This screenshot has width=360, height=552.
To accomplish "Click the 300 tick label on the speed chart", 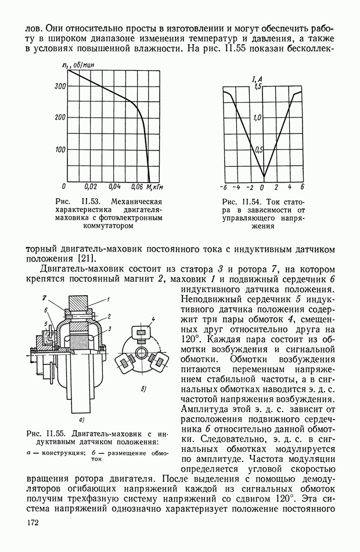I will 59,87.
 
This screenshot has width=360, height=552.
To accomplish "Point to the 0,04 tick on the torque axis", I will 114,187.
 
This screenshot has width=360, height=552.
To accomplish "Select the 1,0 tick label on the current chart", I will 258,117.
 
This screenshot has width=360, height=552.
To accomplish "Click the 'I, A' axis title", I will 257,78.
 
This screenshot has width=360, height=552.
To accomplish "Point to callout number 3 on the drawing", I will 109,329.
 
